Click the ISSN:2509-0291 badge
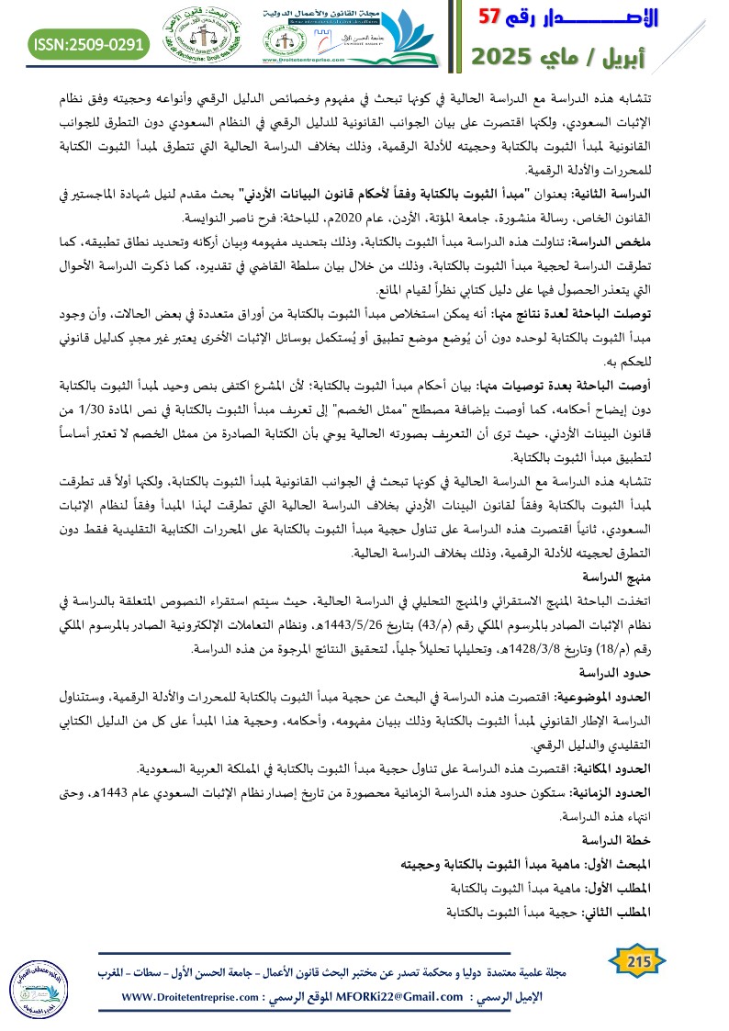(90, 43)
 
